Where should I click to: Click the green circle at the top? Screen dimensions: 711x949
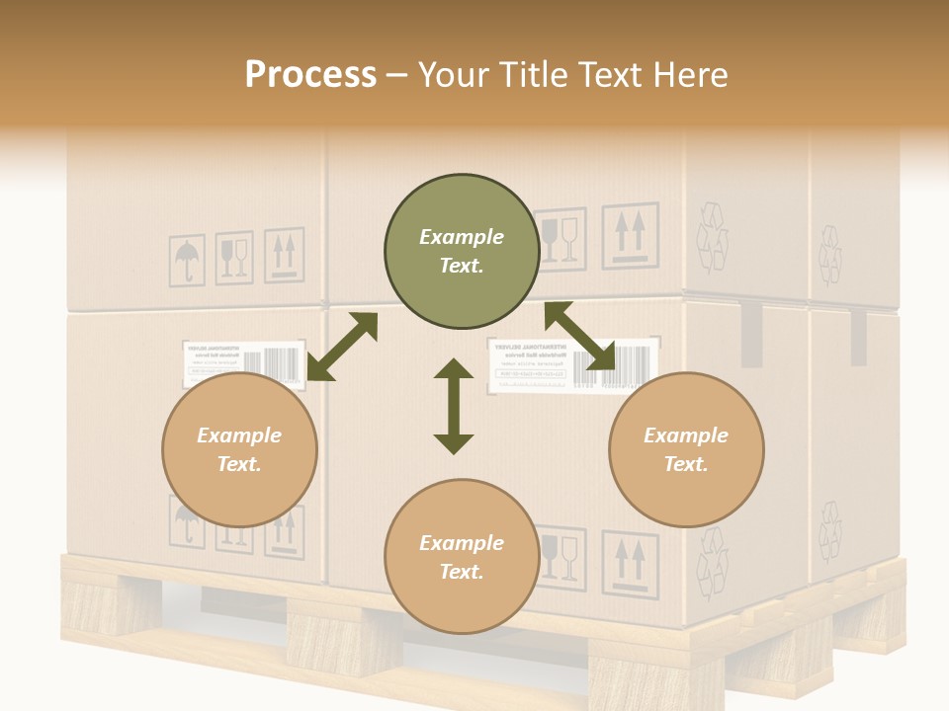(x=462, y=252)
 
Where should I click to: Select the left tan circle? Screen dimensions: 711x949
(x=239, y=450)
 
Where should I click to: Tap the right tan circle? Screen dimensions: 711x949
(x=686, y=450)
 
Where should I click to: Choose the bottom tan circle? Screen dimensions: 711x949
(x=462, y=557)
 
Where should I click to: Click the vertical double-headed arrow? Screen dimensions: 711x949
(x=454, y=406)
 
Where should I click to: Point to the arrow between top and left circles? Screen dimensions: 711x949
(x=342, y=348)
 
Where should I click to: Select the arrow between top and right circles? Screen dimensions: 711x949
(x=579, y=337)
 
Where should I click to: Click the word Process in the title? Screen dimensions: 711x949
(x=310, y=75)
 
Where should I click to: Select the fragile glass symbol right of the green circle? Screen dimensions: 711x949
(x=560, y=238)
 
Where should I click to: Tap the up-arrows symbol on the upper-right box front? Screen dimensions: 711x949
(x=630, y=235)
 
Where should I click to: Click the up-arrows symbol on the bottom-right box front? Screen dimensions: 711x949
(x=630, y=563)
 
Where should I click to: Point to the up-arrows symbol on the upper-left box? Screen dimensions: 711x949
(x=284, y=255)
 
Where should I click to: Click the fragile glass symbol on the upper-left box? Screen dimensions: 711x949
(x=234, y=258)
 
